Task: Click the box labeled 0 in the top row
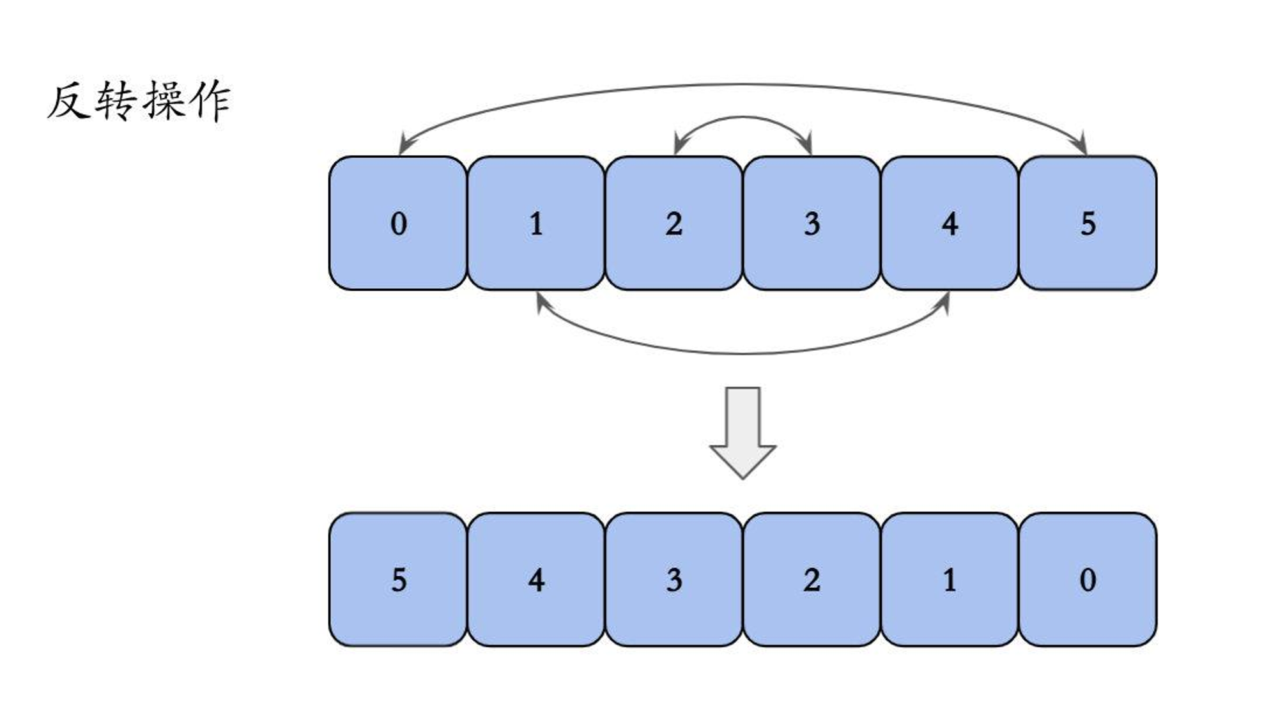point(398,223)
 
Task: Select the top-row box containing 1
point(536,223)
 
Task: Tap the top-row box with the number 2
point(674,223)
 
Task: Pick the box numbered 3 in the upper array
point(812,223)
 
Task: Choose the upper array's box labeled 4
point(950,223)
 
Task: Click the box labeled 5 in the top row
point(1088,223)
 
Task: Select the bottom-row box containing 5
point(398,580)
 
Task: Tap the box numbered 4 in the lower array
point(536,580)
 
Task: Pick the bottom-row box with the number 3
point(674,580)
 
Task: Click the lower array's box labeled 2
point(812,580)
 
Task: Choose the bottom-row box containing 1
point(950,580)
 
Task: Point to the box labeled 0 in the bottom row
point(1088,580)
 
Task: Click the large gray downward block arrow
point(743,433)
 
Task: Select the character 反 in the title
point(68,101)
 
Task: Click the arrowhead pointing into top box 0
point(404,144)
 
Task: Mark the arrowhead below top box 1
point(542,302)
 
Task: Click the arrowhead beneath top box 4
point(943,303)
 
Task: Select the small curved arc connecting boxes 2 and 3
point(743,118)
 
